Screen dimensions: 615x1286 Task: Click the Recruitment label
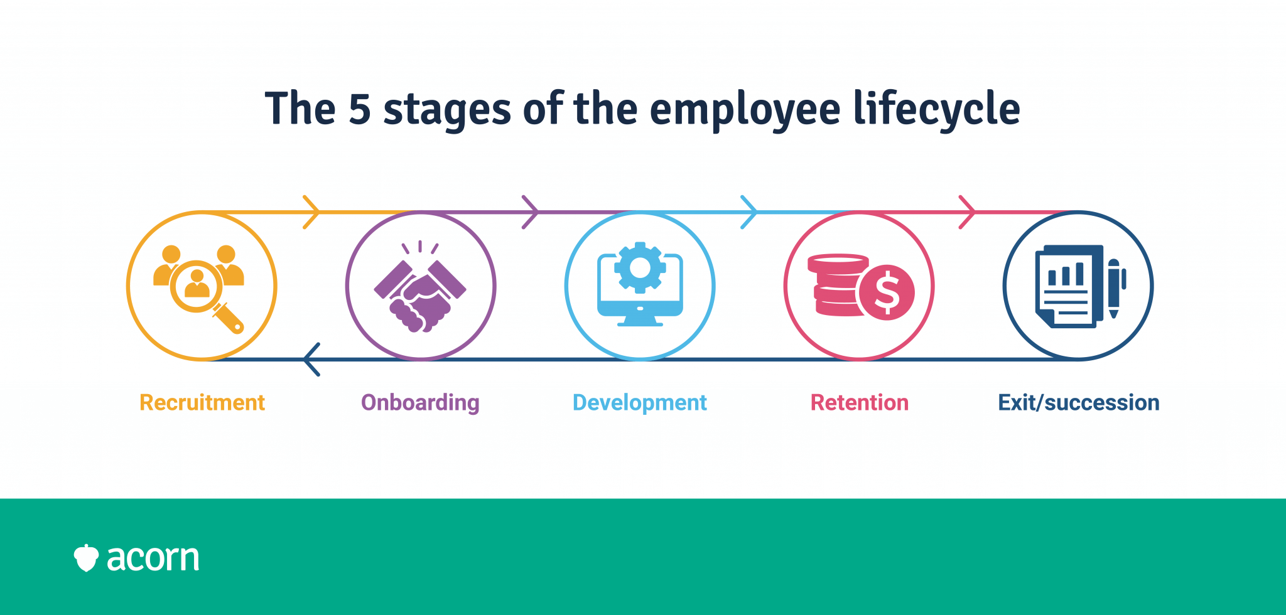point(202,402)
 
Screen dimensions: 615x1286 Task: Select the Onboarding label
point(420,402)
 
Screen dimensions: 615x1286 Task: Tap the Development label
point(639,402)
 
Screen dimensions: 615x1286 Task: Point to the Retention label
point(859,402)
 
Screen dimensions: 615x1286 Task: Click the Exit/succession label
point(1078,402)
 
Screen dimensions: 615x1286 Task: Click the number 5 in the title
point(359,109)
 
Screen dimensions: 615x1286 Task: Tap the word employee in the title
point(745,109)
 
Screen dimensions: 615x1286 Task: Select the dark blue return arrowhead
point(311,360)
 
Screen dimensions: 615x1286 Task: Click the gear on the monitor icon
point(640,267)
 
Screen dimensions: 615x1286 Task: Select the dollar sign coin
point(887,292)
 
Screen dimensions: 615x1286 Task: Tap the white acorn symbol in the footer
point(86,558)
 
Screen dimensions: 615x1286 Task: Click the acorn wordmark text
point(153,558)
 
